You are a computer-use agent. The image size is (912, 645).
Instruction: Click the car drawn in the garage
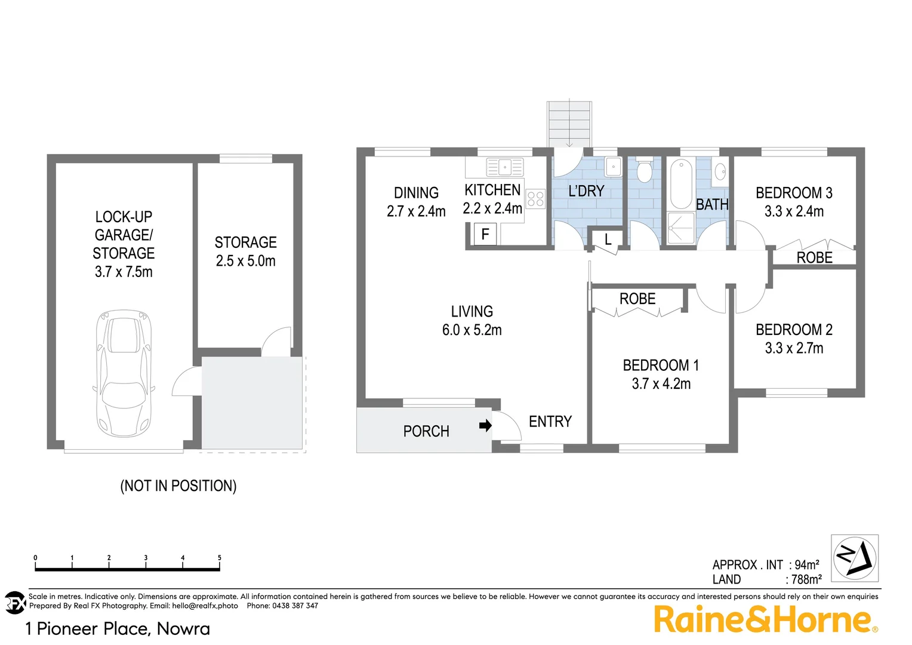124,373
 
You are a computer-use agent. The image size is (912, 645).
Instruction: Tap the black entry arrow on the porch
485,425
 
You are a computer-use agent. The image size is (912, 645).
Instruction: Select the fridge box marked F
485,234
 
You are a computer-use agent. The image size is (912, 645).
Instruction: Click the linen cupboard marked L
608,239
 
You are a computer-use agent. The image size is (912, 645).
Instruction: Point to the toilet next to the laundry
644,171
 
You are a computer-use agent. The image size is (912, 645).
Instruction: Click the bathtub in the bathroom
680,183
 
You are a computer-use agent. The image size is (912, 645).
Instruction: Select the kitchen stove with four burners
535,198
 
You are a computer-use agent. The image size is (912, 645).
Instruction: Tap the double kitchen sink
504,167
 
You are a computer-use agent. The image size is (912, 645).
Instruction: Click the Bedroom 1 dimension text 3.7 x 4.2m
661,384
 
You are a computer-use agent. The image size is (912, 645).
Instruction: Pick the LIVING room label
472,311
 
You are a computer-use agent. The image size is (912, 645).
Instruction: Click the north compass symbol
855,558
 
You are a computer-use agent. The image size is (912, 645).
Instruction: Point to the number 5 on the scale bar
219,558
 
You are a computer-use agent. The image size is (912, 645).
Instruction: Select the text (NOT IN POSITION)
178,486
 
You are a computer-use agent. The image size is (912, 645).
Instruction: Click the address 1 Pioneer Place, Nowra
118,629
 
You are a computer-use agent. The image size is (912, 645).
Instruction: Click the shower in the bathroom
680,228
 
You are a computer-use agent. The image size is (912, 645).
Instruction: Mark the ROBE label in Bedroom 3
814,257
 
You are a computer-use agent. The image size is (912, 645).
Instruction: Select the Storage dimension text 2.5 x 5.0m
245,261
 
